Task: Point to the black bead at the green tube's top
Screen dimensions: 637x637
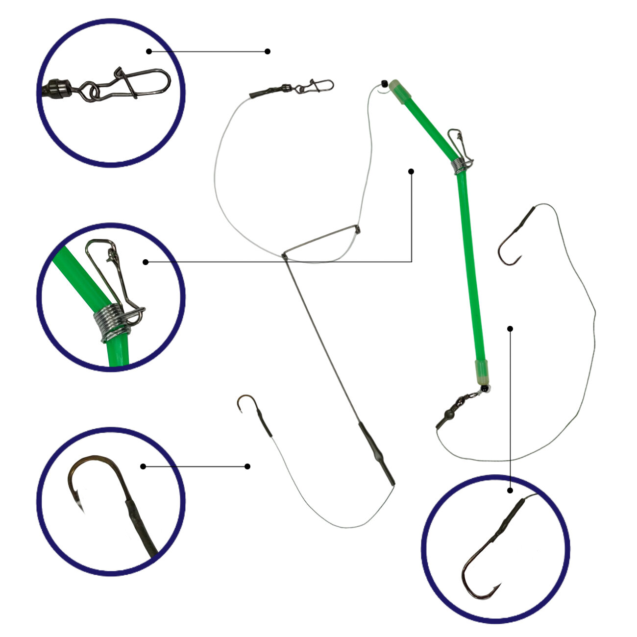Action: click(384, 83)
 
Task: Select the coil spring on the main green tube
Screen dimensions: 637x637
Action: click(457, 167)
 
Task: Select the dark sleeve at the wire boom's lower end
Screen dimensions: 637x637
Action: click(376, 453)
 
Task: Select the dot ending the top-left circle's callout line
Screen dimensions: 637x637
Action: click(268, 51)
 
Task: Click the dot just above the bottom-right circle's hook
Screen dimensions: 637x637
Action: click(510, 490)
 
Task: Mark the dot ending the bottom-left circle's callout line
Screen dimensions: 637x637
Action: click(247, 466)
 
